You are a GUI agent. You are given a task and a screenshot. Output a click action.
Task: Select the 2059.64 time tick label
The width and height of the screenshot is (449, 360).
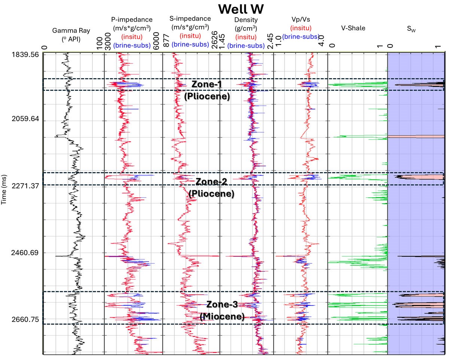click(x=25, y=120)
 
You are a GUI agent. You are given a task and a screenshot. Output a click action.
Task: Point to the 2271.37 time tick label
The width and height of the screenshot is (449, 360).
click(x=25, y=185)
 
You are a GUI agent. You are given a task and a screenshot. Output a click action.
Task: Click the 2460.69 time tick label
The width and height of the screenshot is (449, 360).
click(x=25, y=253)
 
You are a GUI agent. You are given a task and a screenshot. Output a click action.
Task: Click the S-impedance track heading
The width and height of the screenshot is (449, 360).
click(x=191, y=18)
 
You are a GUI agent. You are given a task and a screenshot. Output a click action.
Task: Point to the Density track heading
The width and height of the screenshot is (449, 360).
click(x=246, y=19)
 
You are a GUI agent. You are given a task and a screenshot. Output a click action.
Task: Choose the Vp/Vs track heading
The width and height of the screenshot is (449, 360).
click(x=300, y=19)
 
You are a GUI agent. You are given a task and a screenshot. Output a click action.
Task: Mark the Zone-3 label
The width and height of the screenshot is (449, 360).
click(x=222, y=305)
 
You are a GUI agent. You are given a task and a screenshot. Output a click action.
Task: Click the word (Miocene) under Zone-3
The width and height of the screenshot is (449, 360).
click(x=222, y=317)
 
